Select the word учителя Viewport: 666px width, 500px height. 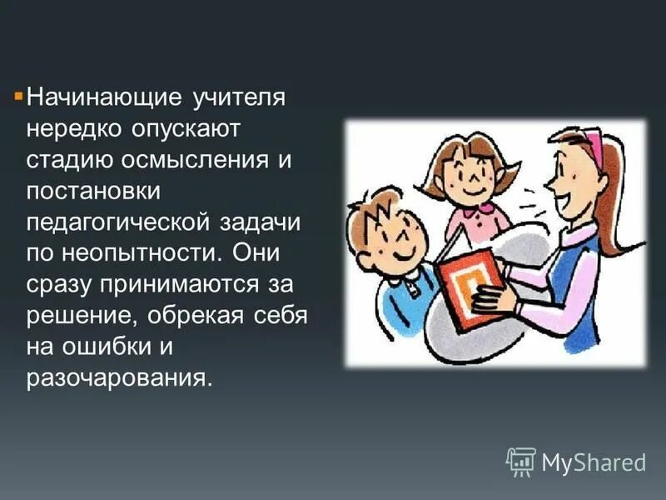[x=240, y=97]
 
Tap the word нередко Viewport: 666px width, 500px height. [x=73, y=129]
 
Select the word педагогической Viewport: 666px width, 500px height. [x=121, y=222]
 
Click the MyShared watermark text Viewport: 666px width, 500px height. [x=594, y=461]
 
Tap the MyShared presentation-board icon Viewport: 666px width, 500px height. [x=521, y=461]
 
